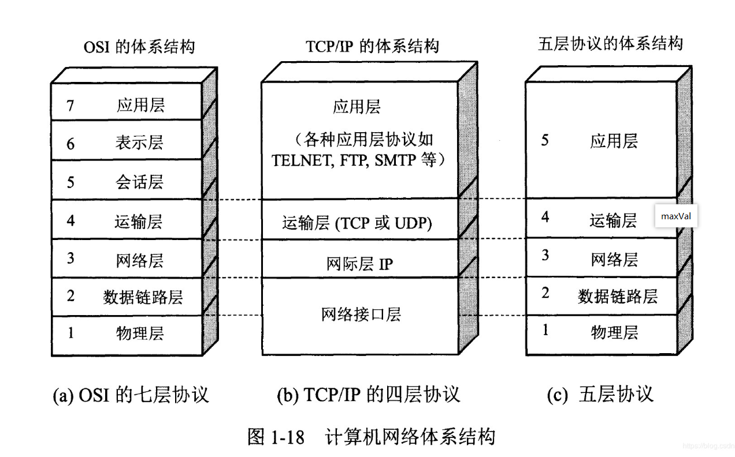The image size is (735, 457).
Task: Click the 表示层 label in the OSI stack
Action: click(139, 143)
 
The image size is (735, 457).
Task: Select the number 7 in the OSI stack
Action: click(70, 106)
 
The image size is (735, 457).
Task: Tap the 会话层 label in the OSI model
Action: click(139, 182)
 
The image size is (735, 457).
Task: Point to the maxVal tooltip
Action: click(676, 216)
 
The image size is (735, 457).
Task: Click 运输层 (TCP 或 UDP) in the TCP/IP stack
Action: click(357, 223)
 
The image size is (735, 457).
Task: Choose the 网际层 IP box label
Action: click(359, 264)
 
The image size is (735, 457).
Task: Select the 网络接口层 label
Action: click(361, 314)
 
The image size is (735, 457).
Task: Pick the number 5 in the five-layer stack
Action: click(545, 140)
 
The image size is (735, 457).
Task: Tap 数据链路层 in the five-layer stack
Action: click(617, 297)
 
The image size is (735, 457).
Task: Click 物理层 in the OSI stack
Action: click(139, 334)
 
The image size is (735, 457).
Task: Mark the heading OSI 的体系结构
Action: click(139, 47)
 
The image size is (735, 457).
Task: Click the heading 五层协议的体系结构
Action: click(610, 44)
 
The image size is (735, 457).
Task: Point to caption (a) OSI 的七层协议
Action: click(131, 395)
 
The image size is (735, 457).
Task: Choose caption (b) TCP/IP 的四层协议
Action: click(368, 395)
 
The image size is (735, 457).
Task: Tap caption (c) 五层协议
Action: click(599, 395)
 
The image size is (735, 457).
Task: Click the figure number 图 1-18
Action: click(276, 437)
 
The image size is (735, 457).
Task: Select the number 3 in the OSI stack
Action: click(70, 258)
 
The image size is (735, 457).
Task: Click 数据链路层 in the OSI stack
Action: click(143, 297)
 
